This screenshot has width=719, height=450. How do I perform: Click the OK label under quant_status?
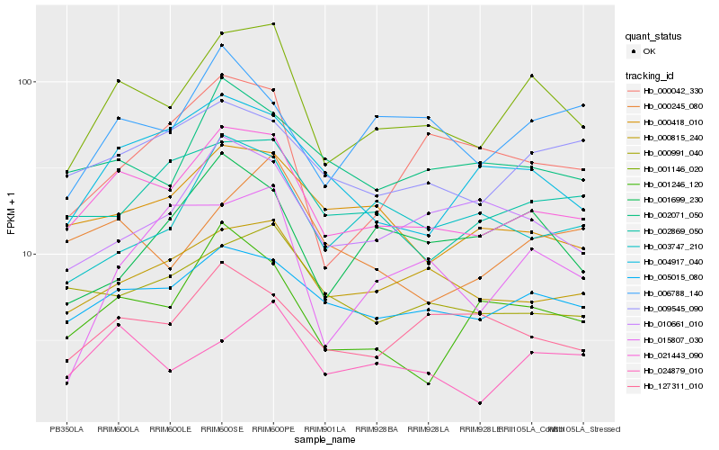point(649,51)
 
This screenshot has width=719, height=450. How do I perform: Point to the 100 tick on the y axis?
point(24,82)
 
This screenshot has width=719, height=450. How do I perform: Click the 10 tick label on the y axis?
point(27,255)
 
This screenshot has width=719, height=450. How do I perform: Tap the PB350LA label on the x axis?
point(67,428)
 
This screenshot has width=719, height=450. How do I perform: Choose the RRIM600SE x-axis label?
point(222,428)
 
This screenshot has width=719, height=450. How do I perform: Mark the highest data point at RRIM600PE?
point(273,24)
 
